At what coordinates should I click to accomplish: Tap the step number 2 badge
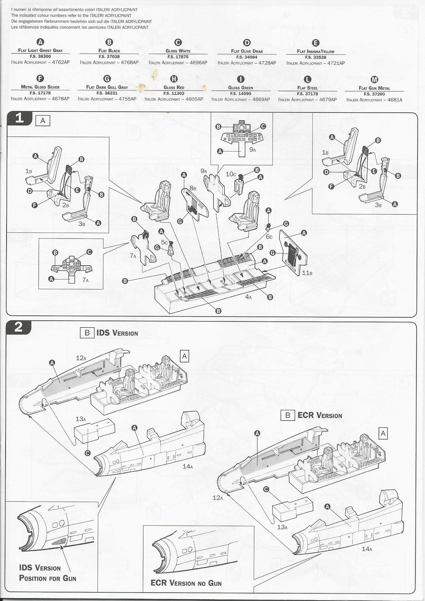tap(18, 327)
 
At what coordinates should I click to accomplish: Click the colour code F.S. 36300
tap(40, 56)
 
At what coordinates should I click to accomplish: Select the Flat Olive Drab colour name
tap(247, 51)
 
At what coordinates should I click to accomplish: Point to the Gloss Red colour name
tap(174, 87)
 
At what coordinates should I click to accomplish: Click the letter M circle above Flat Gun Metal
tap(374, 79)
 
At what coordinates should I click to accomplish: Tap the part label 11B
tap(307, 273)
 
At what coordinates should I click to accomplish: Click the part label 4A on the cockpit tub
tap(248, 297)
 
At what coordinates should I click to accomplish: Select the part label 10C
tap(231, 174)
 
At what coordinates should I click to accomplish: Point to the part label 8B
tap(193, 188)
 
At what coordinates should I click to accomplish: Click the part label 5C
tap(164, 242)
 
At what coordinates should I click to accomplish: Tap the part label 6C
tap(269, 236)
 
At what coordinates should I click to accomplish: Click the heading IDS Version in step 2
tap(117, 333)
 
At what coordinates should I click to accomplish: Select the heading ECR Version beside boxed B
tap(319, 415)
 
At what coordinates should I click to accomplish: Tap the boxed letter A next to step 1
tap(43, 121)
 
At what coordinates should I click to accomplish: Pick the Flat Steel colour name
tap(307, 88)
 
